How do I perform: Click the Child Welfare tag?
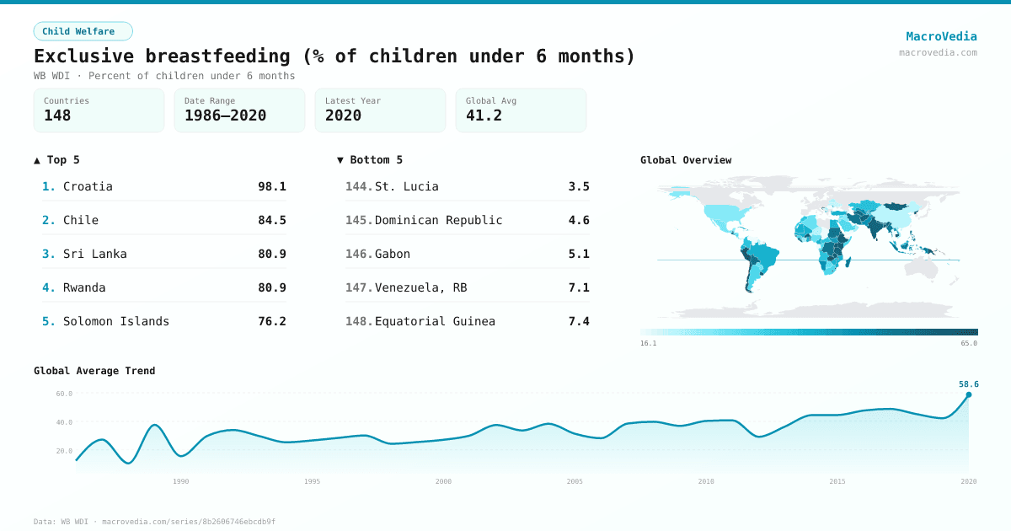[83, 31]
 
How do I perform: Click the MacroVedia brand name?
[941, 36]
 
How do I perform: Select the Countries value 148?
[57, 115]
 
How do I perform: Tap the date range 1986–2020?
[225, 115]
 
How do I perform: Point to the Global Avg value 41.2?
[484, 115]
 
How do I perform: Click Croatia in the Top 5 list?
[88, 186]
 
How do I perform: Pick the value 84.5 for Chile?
[271, 220]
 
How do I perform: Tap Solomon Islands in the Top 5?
[116, 321]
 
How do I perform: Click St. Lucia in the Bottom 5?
[406, 186]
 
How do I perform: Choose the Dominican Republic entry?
[438, 220]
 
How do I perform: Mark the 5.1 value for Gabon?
[579, 254]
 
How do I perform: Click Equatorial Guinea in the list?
[435, 321]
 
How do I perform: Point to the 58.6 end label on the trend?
[968, 384]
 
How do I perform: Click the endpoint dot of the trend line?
[968, 394]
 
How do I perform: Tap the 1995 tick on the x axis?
[312, 481]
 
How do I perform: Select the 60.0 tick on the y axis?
[64, 394]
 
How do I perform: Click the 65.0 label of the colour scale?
[969, 343]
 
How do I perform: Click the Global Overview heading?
[686, 160]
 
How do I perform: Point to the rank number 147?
[358, 287]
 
